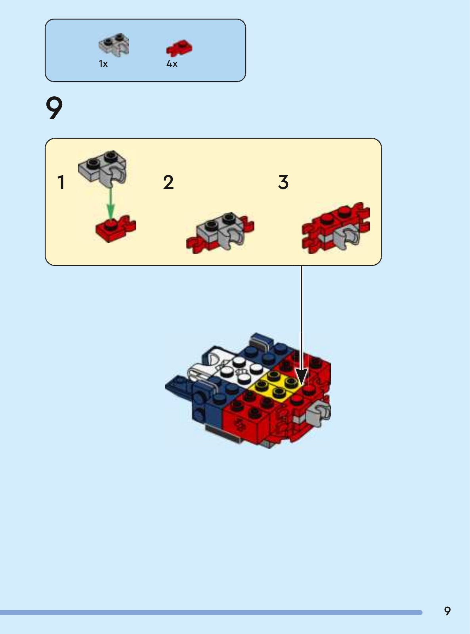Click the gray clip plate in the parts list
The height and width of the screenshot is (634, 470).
114,45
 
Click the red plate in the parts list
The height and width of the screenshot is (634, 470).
179,48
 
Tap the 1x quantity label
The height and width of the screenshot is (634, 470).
103,64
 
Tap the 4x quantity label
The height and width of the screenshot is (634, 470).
172,64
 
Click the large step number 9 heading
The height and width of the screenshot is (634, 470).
54,108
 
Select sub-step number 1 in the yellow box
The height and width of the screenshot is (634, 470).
61,182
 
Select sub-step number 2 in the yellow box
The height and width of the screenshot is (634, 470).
168,182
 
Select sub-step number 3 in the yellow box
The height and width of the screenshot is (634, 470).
283,182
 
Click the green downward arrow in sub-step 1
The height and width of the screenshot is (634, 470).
111,204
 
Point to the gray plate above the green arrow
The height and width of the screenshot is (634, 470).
102,167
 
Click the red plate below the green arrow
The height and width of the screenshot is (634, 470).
115,229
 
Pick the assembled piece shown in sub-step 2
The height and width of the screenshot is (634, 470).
220,233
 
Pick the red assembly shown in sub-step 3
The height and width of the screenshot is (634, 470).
336,228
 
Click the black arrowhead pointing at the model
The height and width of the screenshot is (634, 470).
301,377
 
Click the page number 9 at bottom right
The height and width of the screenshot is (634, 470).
447,611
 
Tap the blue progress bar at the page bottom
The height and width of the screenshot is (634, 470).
211,612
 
